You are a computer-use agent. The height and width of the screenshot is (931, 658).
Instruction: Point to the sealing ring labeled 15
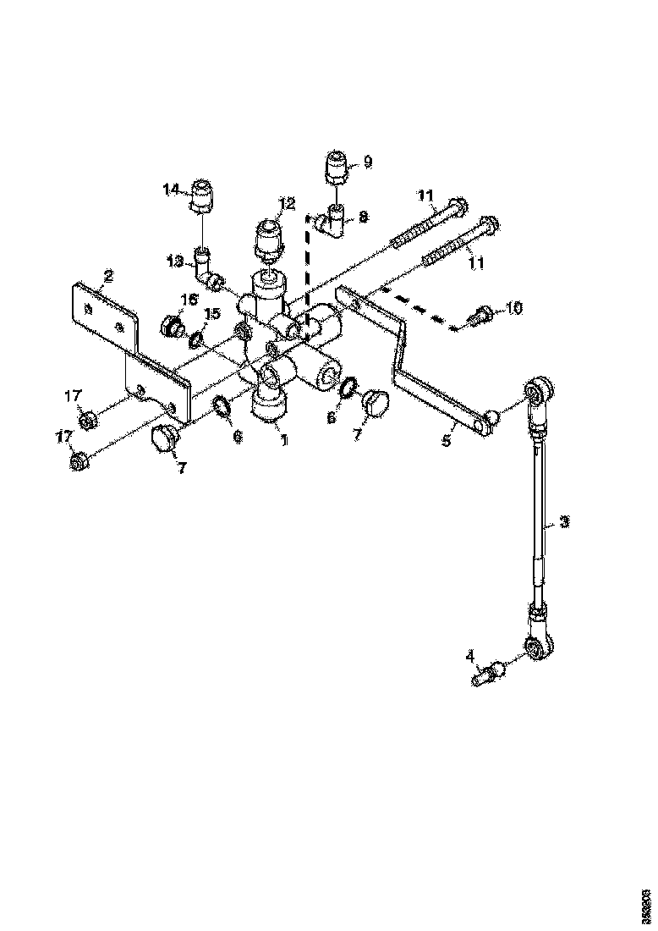click(x=195, y=339)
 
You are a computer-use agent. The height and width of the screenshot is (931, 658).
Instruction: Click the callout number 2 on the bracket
click(x=108, y=275)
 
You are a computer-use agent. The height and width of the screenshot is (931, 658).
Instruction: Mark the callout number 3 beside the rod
click(x=565, y=522)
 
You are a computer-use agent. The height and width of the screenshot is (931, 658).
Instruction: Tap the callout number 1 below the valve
click(x=284, y=440)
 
